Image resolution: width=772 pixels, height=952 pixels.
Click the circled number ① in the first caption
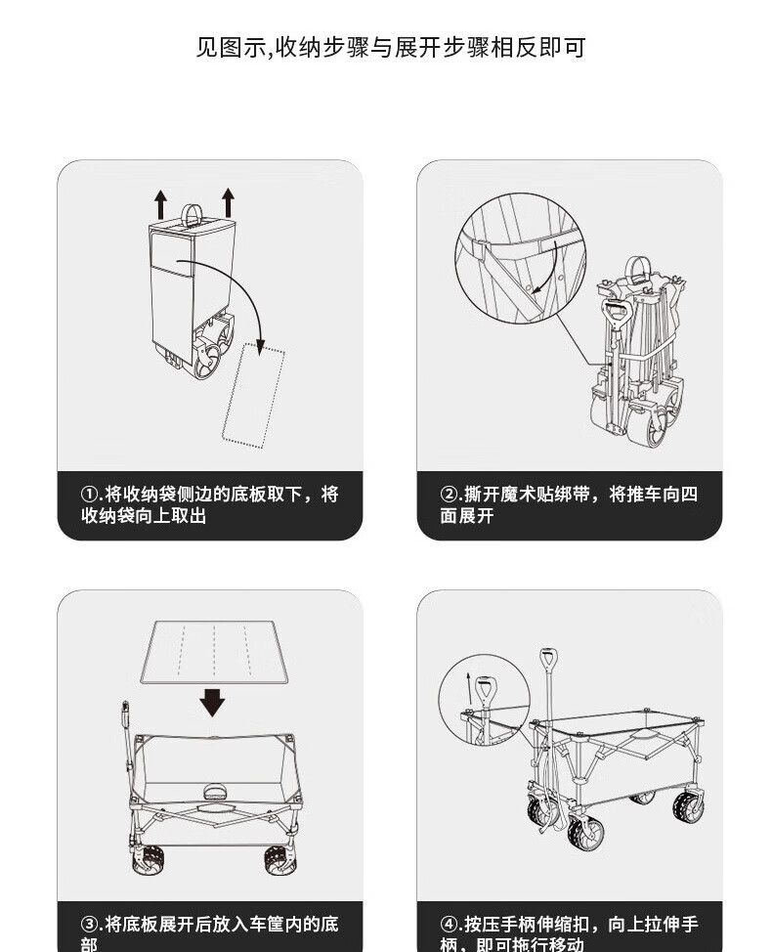click(90, 495)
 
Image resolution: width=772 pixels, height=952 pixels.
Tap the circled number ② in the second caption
click(449, 495)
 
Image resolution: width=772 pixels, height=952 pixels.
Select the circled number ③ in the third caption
click(90, 924)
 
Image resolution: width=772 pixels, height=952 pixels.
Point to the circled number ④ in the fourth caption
click(449, 924)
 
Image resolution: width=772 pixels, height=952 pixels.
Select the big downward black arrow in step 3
click(211, 700)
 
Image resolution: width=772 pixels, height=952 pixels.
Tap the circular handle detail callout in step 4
click(483, 703)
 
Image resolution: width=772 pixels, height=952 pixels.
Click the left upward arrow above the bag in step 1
click(160, 204)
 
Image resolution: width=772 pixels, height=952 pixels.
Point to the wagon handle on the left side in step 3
click(127, 743)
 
